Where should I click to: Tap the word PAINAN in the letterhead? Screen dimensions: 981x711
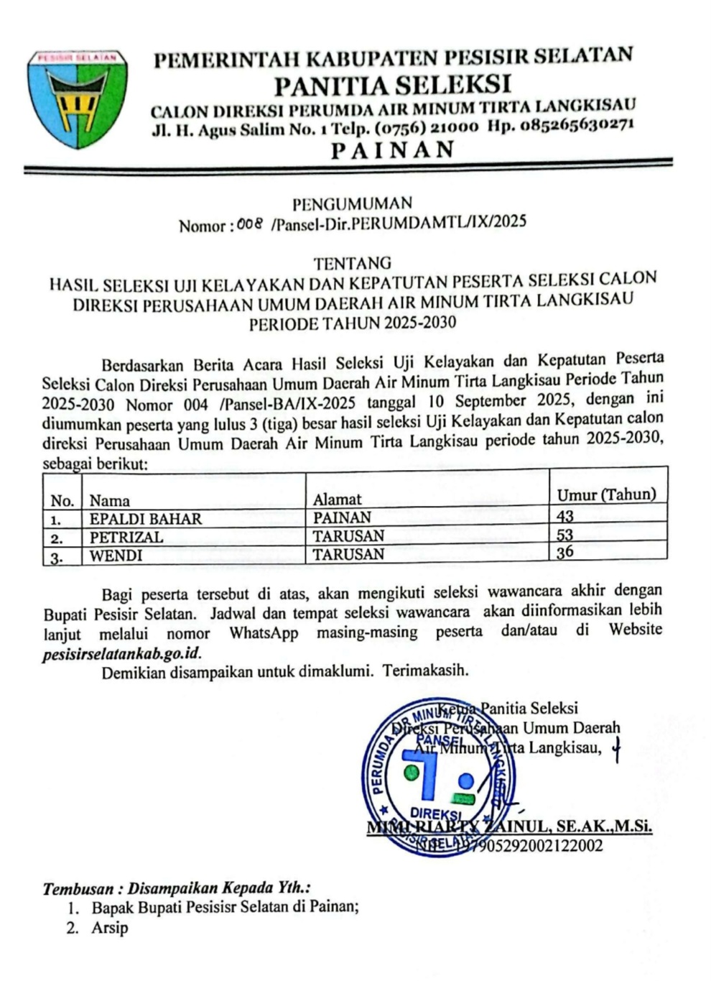pos(393,149)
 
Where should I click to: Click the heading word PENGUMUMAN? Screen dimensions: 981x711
pos(352,203)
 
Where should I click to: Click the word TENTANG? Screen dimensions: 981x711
pos(353,263)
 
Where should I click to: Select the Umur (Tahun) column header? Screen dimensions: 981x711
pos(607,494)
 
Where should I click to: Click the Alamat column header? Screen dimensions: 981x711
pos(338,499)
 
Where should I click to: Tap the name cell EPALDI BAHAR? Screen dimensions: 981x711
pos(146,518)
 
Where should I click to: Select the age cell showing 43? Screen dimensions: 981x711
pos(565,516)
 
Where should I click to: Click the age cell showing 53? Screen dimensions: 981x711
pos(565,535)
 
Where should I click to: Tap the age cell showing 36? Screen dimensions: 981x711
pos(565,552)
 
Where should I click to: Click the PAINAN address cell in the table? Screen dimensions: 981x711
pos(343,517)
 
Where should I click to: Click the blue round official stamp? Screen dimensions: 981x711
pos(438,777)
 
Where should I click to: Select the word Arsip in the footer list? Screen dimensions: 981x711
pos(109,928)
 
